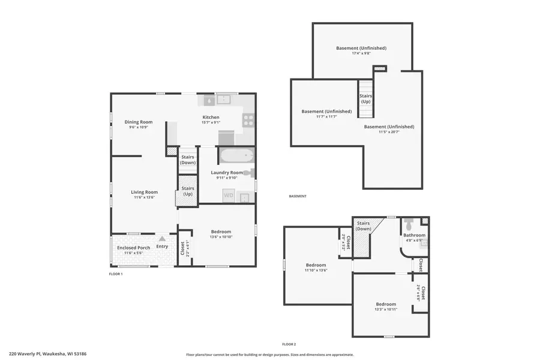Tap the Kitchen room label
(211, 118)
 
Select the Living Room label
(144, 193)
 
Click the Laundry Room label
(227, 173)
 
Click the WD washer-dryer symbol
(228, 195)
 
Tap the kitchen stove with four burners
(248, 120)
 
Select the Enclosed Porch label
(133, 247)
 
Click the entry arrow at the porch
(161, 239)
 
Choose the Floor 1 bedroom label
(220, 232)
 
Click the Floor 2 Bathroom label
(414, 235)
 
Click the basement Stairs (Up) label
(365, 98)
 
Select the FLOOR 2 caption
(289, 344)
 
